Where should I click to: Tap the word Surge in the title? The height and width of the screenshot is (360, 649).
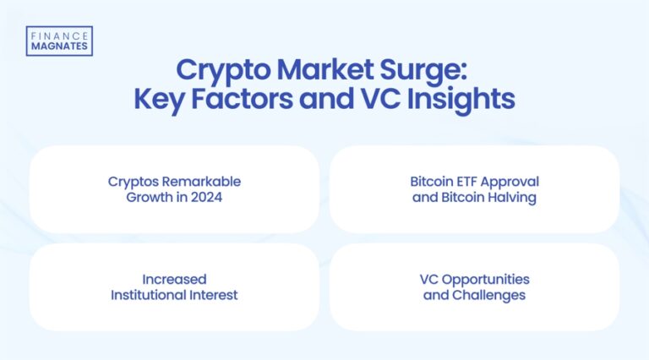tap(428, 69)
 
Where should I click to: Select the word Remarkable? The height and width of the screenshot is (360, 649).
tap(201, 182)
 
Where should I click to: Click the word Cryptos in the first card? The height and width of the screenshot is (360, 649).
tap(134, 182)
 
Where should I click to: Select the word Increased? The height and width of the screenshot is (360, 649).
tap(174, 280)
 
